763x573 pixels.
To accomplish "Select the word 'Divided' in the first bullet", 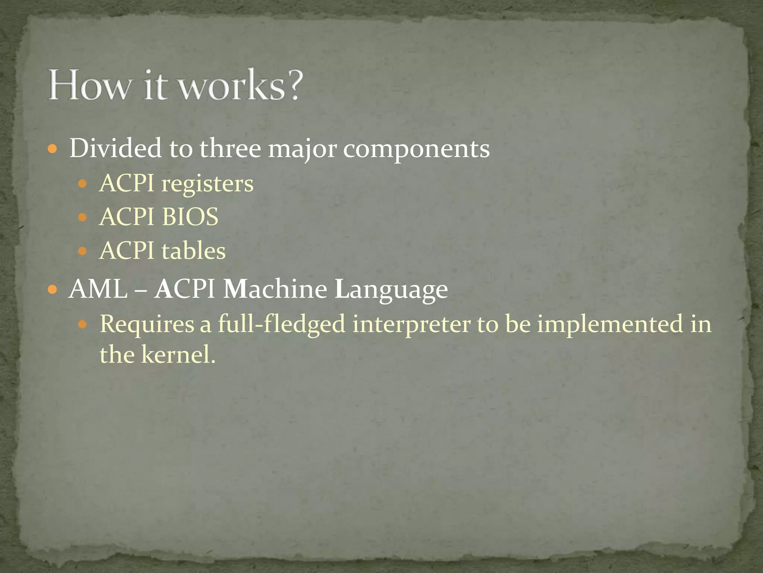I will (x=115, y=148).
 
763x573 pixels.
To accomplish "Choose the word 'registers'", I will (x=207, y=184).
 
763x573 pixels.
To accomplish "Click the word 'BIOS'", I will (x=190, y=217).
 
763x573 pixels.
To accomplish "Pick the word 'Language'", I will (x=391, y=290).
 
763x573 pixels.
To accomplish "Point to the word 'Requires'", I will (x=147, y=324).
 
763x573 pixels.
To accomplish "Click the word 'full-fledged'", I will (x=282, y=324).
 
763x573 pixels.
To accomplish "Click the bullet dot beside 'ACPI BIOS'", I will (x=82, y=217).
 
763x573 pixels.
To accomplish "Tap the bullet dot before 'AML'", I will (x=53, y=289).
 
